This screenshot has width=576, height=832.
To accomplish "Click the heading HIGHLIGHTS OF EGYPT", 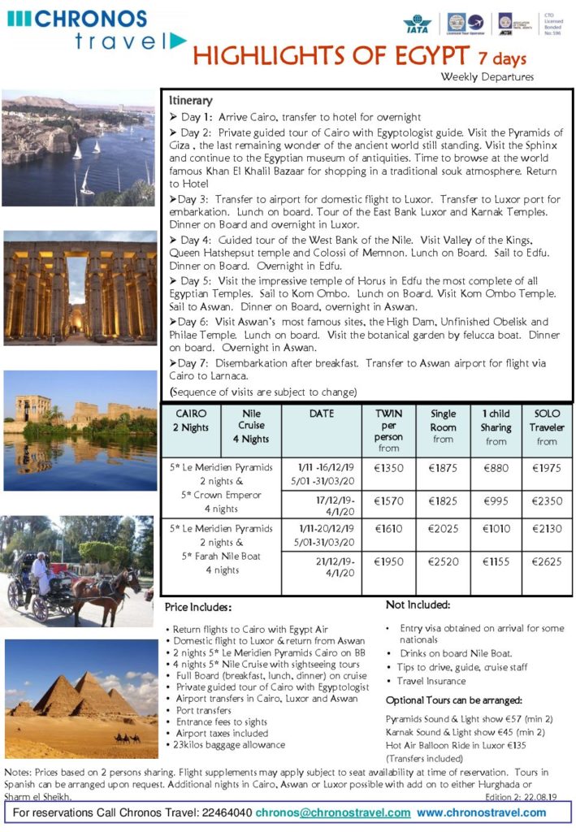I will tap(330, 57).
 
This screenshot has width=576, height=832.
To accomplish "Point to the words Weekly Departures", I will tap(487, 77).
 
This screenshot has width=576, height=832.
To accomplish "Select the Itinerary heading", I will tap(191, 101).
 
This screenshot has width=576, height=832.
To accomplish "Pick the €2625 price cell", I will tap(546, 561).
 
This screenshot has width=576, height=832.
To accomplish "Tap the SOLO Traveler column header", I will tap(546, 427).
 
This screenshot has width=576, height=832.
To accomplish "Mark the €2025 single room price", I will tap(443, 529).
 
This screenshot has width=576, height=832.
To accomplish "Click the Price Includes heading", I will tap(198, 608).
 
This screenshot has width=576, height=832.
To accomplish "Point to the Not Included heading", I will tap(418, 604).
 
